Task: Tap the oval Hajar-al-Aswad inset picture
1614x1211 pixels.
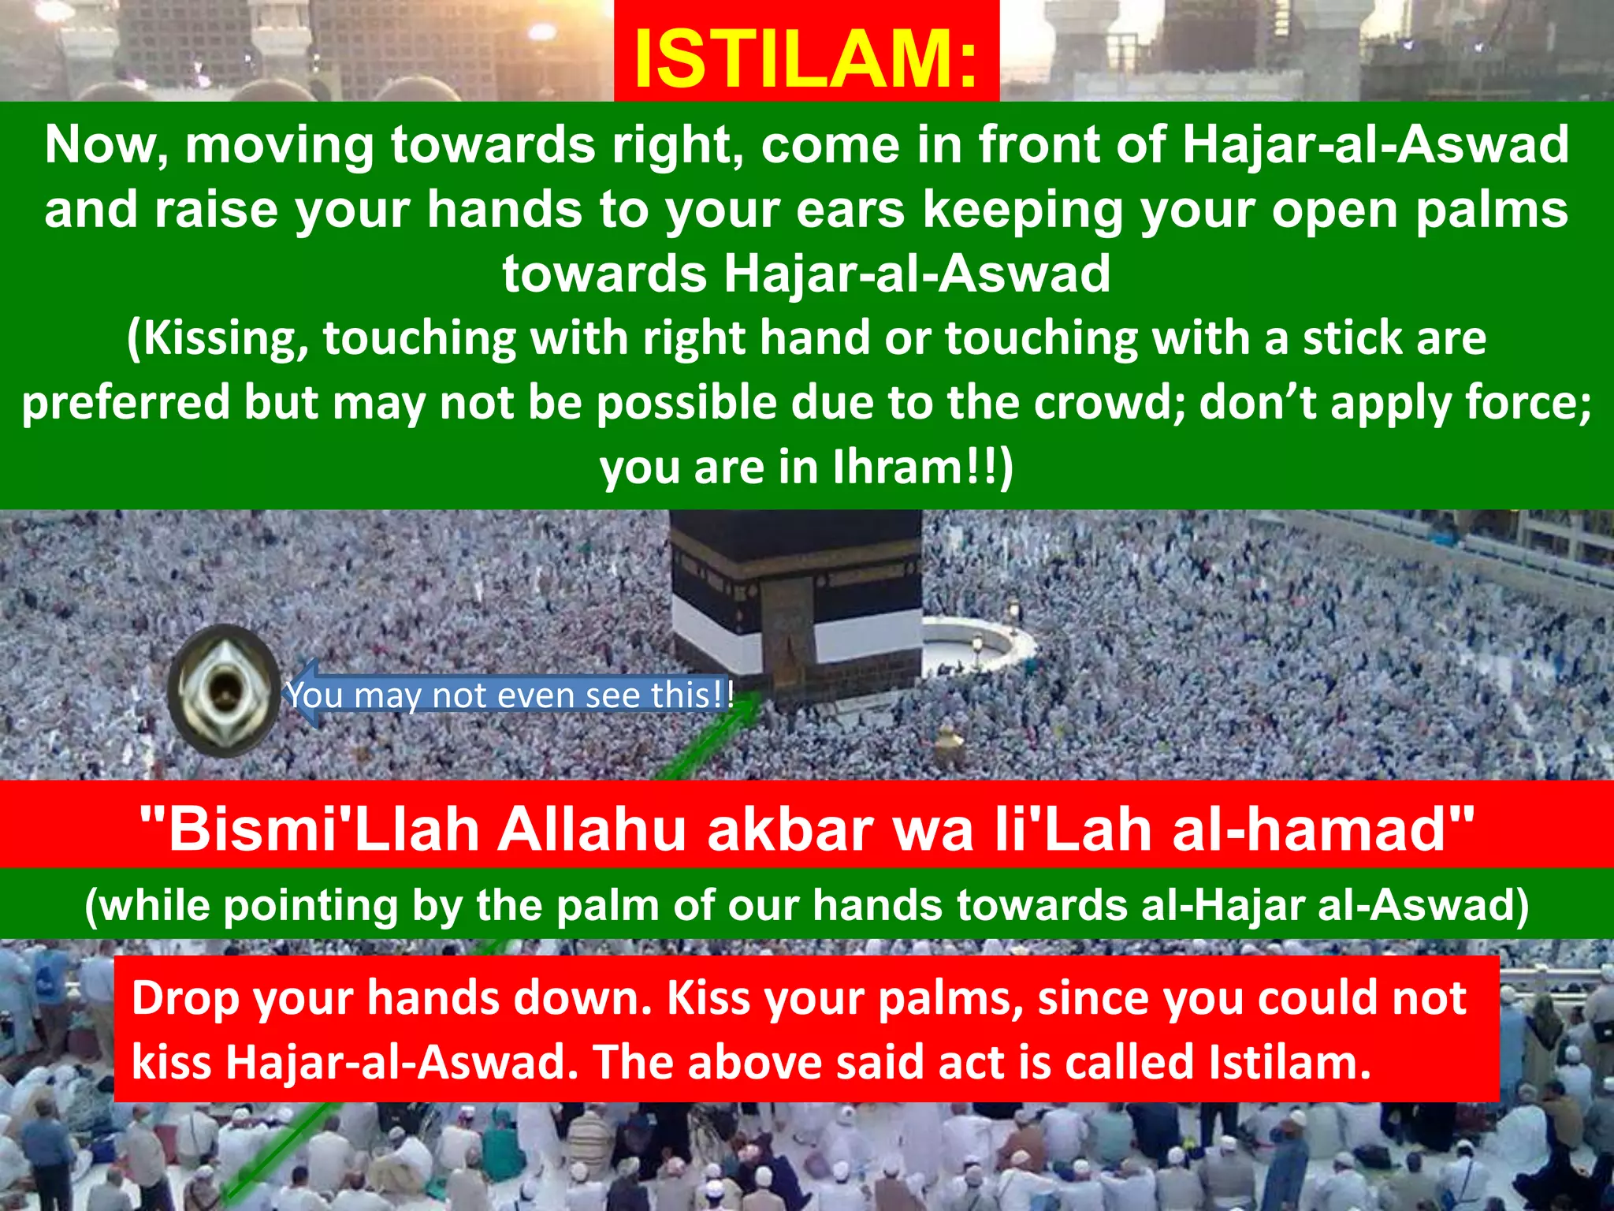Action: click(224, 691)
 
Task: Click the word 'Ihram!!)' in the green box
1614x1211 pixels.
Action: click(923, 468)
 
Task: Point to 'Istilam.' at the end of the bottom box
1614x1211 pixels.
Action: click(1290, 1063)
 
